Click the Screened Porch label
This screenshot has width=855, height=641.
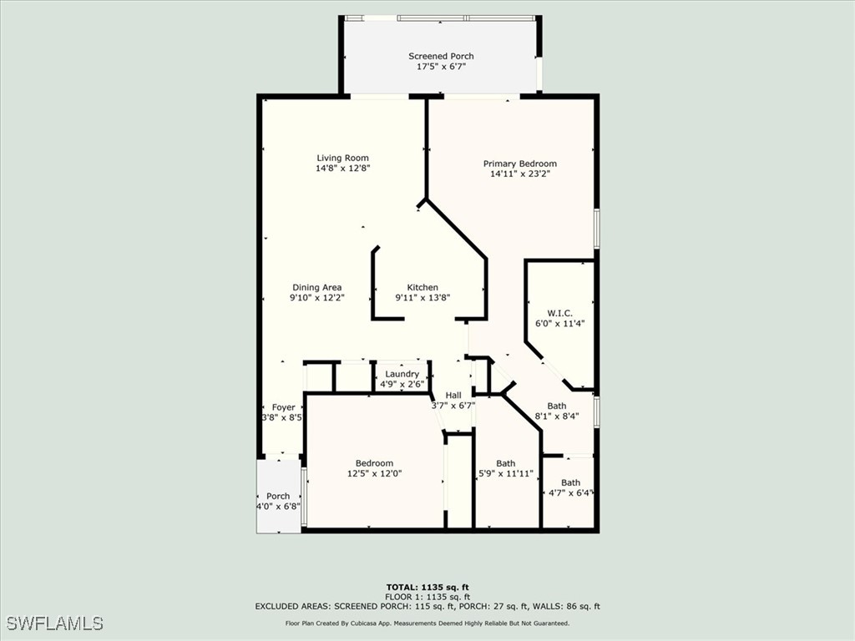(x=441, y=56)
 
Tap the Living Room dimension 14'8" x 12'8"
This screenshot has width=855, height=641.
(x=342, y=169)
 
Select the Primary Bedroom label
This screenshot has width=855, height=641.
(x=519, y=164)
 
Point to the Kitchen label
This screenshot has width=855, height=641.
(x=422, y=287)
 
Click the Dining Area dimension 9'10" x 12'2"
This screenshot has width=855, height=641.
(x=317, y=297)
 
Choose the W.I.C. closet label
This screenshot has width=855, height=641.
(x=559, y=313)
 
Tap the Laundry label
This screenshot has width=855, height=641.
(x=402, y=374)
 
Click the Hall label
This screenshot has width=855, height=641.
(x=453, y=396)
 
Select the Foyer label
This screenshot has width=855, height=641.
(x=283, y=407)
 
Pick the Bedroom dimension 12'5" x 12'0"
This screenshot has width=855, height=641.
(x=374, y=474)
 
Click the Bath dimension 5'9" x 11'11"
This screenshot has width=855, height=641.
(x=505, y=474)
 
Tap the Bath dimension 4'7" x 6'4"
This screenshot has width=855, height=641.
(x=570, y=492)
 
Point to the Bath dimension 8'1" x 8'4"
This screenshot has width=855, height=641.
(x=557, y=416)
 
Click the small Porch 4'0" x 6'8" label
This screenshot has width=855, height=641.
(x=278, y=497)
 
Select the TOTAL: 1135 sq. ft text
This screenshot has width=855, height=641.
(x=427, y=587)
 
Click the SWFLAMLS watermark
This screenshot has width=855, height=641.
(x=55, y=623)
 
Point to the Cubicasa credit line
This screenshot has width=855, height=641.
(x=427, y=623)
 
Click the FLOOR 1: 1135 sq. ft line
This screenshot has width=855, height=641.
(x=427, y=597)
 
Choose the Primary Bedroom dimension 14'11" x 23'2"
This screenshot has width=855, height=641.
(x=519, y=174)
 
